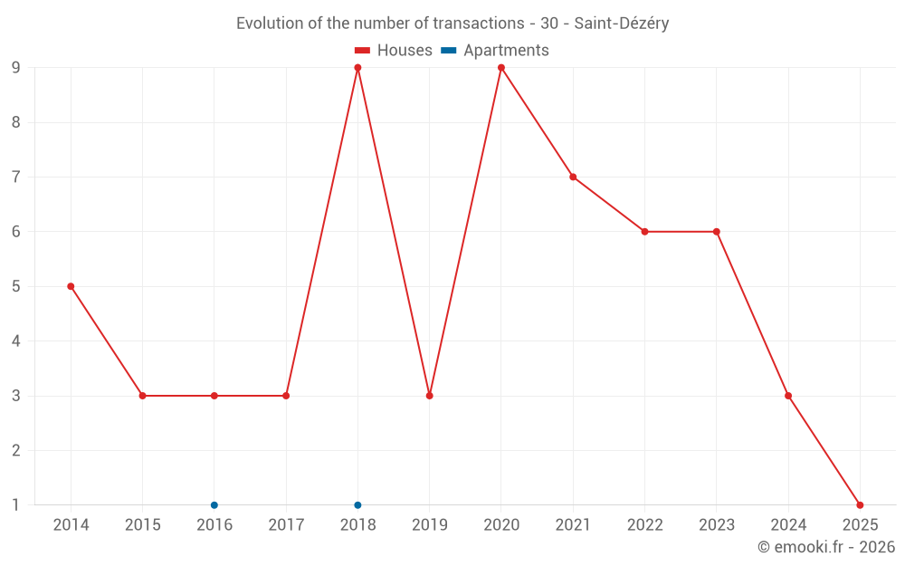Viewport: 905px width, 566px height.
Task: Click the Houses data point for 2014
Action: click(71, 286)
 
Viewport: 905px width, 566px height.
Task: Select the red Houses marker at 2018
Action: click(357, 68)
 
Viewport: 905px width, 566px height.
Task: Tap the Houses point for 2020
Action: click(501, 68)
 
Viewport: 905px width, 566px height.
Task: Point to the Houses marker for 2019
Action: click(430, 396)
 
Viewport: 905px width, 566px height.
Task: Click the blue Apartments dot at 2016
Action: click(214, 504)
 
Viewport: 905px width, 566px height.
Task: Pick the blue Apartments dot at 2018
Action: click(357, 504)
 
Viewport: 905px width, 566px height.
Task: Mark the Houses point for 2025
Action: click(860, 504)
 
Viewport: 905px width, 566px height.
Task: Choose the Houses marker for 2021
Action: click(573, 177)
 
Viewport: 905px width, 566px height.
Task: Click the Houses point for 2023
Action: click(717, 232)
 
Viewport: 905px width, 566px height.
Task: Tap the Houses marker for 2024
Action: click(788, 396)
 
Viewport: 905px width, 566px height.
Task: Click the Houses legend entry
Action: click(393, 51)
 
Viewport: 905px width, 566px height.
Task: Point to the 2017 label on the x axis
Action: click(286, 524)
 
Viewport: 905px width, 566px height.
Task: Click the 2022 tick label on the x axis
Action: click(644, 524)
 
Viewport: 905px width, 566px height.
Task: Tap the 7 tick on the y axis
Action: click(16, 177)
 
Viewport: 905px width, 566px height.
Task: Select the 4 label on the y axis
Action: click(16, 341)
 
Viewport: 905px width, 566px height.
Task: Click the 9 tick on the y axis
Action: click(16, 68)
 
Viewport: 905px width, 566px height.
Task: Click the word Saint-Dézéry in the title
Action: click(622, 24)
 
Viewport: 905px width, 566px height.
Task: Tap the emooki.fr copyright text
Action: click(826, 547)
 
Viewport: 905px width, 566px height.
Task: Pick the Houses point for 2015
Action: click(142, 396)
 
